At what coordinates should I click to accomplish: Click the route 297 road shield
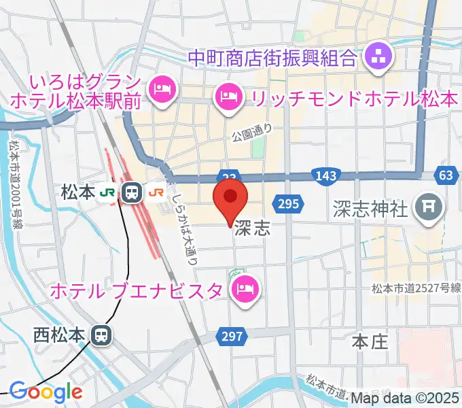click(230, 335)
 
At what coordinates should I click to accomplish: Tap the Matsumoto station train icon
click(131, 193)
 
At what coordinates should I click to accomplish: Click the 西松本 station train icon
click(101, 335)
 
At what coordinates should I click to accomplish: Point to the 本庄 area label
click(370, 341)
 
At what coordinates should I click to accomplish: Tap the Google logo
click(45, 392)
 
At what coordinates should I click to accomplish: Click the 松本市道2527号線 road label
click(416, 288)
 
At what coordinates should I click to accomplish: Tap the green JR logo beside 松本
click(107, 193)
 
